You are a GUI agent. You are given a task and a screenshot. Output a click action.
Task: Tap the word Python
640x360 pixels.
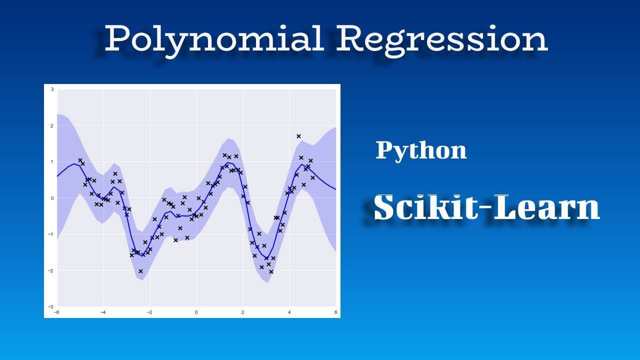(421, 150)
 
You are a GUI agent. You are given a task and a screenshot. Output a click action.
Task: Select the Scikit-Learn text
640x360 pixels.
(486, 207)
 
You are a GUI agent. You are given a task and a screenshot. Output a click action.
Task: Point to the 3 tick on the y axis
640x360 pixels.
(52, 89)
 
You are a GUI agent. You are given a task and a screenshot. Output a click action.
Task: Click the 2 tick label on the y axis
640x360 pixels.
(52, 126)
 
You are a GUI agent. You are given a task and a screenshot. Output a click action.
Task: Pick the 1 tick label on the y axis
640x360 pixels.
(52, 162)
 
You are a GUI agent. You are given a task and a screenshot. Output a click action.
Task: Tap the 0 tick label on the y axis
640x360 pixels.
(52, 198)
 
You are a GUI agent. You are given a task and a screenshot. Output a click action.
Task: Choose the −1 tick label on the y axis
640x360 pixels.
(51, 234)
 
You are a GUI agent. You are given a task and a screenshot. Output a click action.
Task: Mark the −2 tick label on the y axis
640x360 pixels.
(51, 270)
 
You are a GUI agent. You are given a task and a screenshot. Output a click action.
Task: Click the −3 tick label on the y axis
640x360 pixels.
(51, 306)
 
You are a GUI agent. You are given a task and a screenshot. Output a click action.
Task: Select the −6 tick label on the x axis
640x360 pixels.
(56, 312)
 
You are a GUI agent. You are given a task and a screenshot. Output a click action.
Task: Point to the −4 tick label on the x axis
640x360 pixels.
(103, 312)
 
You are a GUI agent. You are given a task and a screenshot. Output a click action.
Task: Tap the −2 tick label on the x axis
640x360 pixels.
(149, 312)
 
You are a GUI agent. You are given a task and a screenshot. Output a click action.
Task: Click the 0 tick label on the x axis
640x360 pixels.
(196, 312)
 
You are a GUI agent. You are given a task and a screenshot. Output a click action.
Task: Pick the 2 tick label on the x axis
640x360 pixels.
(243, 312)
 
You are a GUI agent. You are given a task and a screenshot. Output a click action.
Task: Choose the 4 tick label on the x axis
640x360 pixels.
(289, 312)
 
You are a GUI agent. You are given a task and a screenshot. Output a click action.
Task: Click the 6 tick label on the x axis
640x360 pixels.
(336, 312)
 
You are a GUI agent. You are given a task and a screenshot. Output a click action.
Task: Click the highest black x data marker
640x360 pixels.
(298, 136)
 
